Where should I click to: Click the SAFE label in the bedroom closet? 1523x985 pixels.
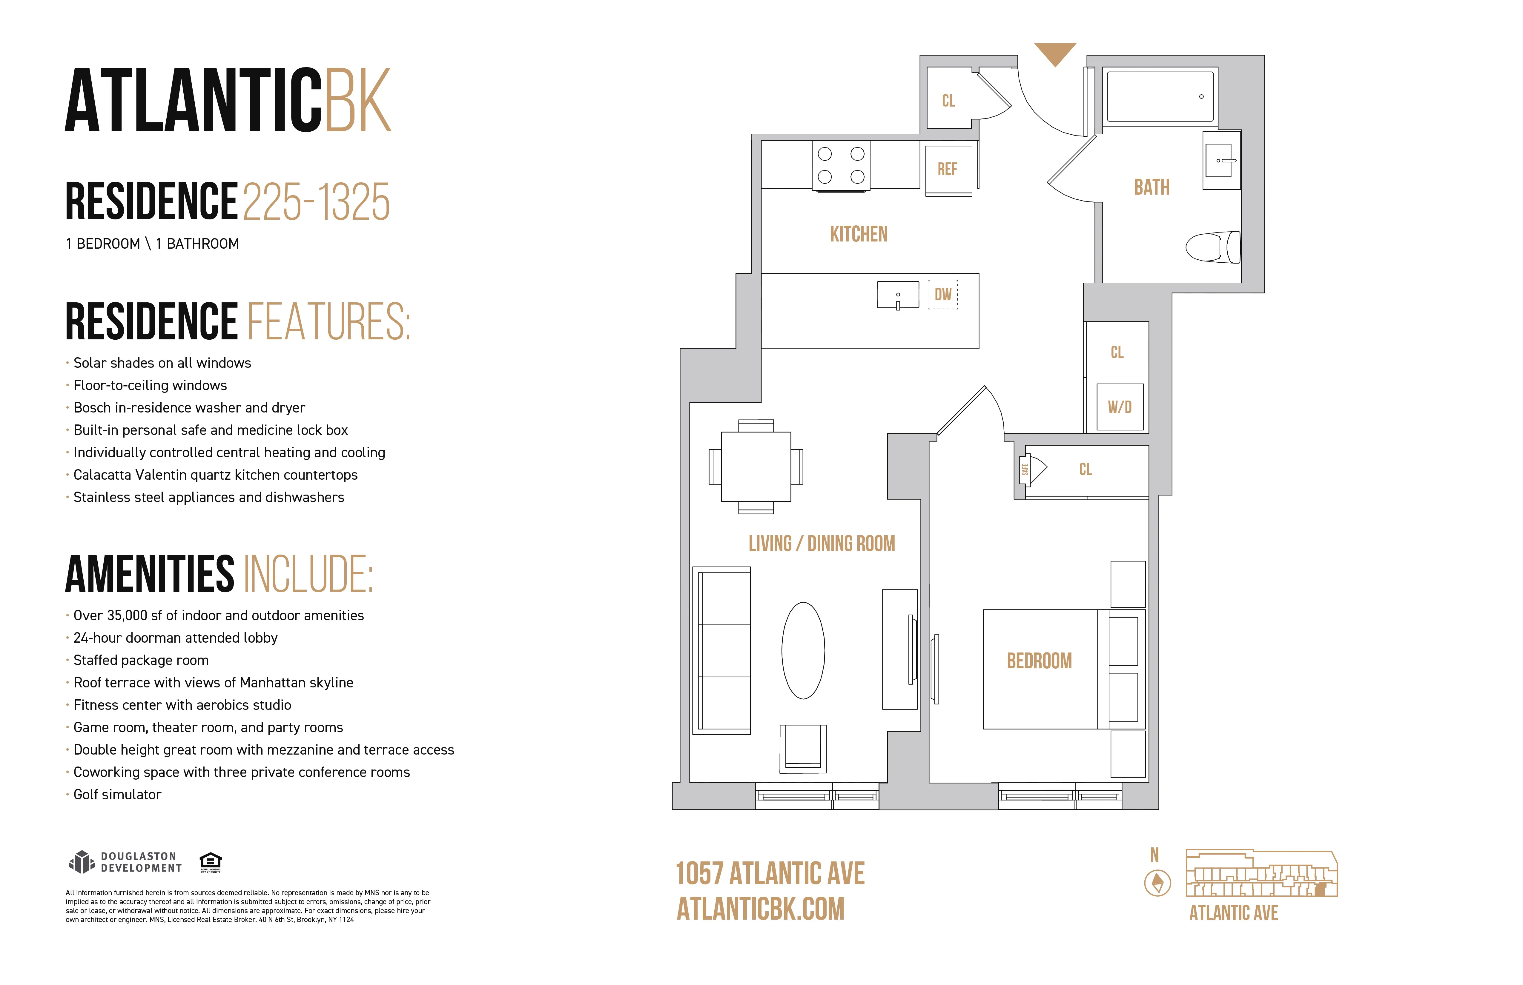coord(1025,470)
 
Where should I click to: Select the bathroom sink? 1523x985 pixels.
coord(1220,161)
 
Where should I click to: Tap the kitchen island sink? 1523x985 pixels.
coord(898,295)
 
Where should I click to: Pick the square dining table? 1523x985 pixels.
coord(756,467)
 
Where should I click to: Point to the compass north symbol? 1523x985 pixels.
coord(1157,883)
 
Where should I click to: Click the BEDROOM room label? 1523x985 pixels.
coord(1039,661)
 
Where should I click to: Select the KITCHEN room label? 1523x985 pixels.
coord(859,234)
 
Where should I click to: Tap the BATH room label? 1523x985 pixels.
coord(1152,187)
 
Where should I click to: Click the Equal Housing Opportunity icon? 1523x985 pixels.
coord(211,861)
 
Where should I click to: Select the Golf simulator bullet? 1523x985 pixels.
coord(117,794)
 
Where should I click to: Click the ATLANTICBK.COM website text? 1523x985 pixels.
coord(761,909)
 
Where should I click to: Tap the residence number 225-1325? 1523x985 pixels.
coord(316,202)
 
